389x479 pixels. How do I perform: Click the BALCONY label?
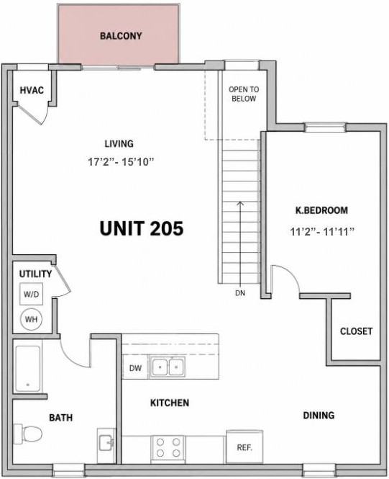121,36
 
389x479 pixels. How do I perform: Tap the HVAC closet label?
32,90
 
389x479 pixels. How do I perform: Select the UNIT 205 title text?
142,228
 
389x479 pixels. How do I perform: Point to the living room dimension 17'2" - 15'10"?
121,161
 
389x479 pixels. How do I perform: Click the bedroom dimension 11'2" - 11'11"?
322,231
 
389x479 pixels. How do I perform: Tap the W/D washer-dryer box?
31,294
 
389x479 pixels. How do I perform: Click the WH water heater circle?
31,319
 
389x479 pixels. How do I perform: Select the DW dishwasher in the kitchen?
135,368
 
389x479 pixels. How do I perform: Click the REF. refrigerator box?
244,447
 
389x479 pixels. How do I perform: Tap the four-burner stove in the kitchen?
168,447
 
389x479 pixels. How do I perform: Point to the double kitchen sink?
168,366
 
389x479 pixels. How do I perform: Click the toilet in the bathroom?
28,434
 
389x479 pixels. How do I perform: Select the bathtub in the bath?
28,369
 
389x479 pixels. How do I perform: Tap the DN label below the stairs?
240,293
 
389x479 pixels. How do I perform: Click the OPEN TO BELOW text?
244,94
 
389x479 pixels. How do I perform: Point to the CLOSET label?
356,331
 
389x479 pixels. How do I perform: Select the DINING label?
319,415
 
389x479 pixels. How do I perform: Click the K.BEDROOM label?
321,210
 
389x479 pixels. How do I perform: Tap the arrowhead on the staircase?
241,203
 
